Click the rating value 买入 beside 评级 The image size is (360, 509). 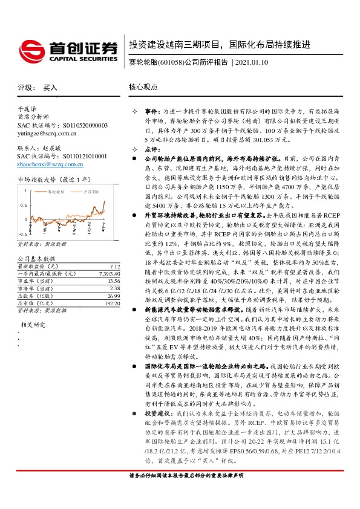click(50, 87)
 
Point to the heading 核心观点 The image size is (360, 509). click(144, 87)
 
